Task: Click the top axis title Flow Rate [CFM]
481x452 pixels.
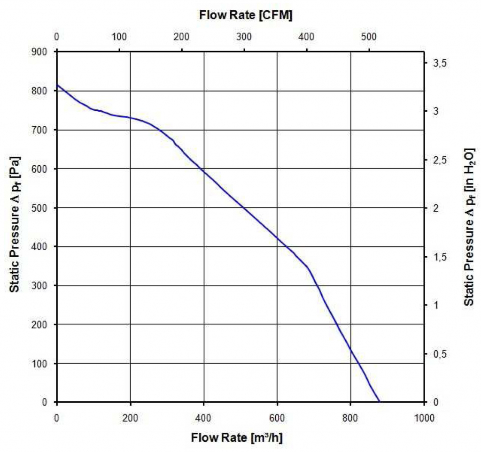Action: (246, 15)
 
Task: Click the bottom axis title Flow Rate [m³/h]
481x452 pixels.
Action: (237, 438)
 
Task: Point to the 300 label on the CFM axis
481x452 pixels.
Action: (244, 37)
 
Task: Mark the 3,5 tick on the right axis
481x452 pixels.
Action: (438, 63)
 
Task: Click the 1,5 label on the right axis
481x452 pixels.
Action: (438, 257)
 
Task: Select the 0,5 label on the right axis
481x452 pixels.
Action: (438, 353)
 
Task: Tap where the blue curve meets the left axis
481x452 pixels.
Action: (57, 85)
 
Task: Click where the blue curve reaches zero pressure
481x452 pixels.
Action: (379, 402)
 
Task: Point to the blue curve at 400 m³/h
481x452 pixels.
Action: (204, 171)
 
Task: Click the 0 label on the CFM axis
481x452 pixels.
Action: (57, 37)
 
